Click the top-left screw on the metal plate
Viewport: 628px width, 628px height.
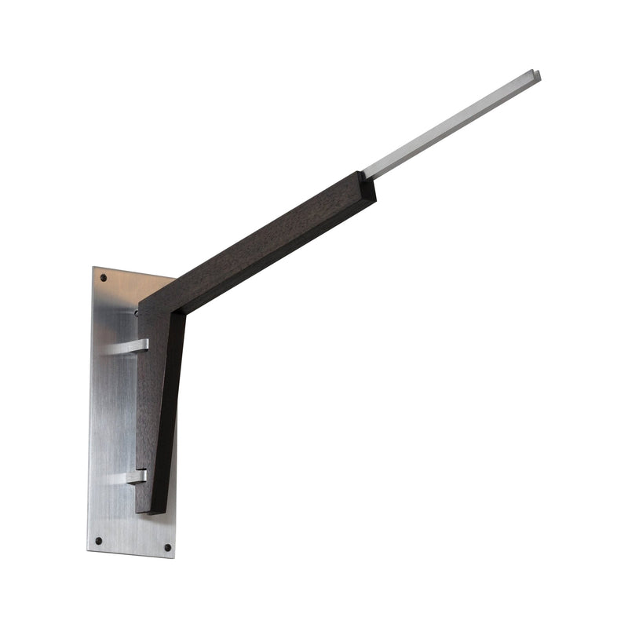[103, 277]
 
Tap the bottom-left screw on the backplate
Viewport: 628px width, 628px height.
[98, 540]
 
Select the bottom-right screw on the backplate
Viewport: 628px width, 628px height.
[166, 547]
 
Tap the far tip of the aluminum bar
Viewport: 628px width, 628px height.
[536, 75]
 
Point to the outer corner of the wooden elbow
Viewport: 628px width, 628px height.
[141, 302]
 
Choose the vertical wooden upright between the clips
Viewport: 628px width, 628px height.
[157, 408]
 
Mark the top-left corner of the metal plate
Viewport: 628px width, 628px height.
[94, 268]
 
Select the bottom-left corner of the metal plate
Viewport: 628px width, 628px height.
[88, 549]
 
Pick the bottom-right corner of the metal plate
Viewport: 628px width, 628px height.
[174, 557]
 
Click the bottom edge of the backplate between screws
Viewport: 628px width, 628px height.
[131, 553]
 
